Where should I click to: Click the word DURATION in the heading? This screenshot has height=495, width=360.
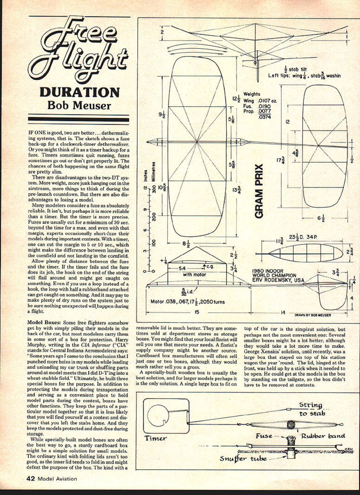(79, 93)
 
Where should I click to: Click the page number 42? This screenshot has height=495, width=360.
(31, 479)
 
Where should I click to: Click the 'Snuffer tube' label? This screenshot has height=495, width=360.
(243, 458)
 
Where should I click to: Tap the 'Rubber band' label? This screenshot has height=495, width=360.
(323, 436)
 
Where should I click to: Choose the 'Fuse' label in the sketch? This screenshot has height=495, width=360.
(264, 436)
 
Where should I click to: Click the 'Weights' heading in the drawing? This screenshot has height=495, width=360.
(252, 94)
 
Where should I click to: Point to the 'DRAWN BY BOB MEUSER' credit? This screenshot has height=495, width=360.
(313, 315)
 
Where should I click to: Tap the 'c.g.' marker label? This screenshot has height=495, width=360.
(210, 266)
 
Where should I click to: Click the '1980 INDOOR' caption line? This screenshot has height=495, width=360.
(268, 271)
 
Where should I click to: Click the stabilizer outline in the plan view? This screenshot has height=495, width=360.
(325, 146)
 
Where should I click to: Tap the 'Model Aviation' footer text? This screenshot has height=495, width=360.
(57, 479)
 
